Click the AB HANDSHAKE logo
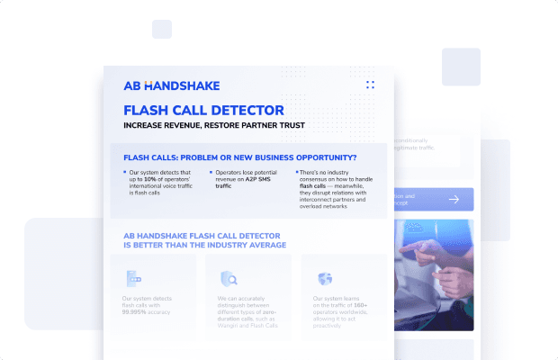point(171,85)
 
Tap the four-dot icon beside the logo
point(370,85)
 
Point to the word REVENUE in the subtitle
point(187,125)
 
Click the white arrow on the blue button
point(454,200)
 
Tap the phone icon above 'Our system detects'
point(133,278)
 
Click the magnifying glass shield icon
point(229,278)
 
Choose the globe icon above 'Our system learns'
point(325,278)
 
